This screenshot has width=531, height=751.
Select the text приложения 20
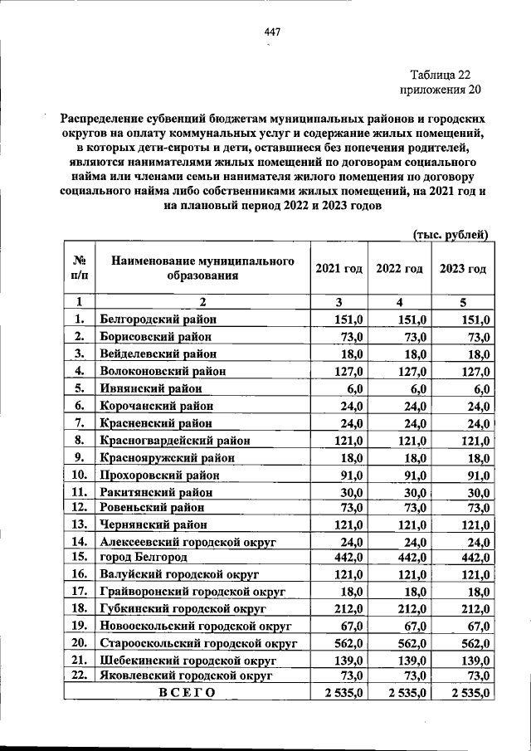(440, 89)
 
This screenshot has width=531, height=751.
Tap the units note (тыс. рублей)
(450, 235)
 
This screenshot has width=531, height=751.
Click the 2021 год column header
(339, 269)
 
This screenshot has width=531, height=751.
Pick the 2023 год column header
(462, 269)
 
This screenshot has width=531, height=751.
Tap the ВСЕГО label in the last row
(186, 694)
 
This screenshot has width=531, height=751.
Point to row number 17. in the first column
(80, 591)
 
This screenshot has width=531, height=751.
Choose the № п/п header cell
(80, 269)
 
